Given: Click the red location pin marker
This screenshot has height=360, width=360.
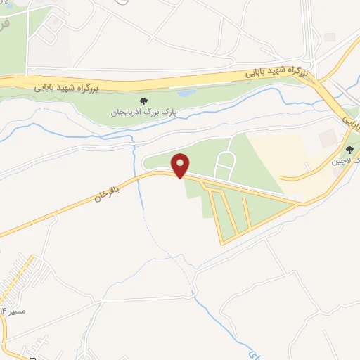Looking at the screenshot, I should (181, 166).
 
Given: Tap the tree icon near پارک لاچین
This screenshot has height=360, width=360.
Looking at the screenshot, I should (349, 149).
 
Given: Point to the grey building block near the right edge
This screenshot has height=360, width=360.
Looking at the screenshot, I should (327, 139).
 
